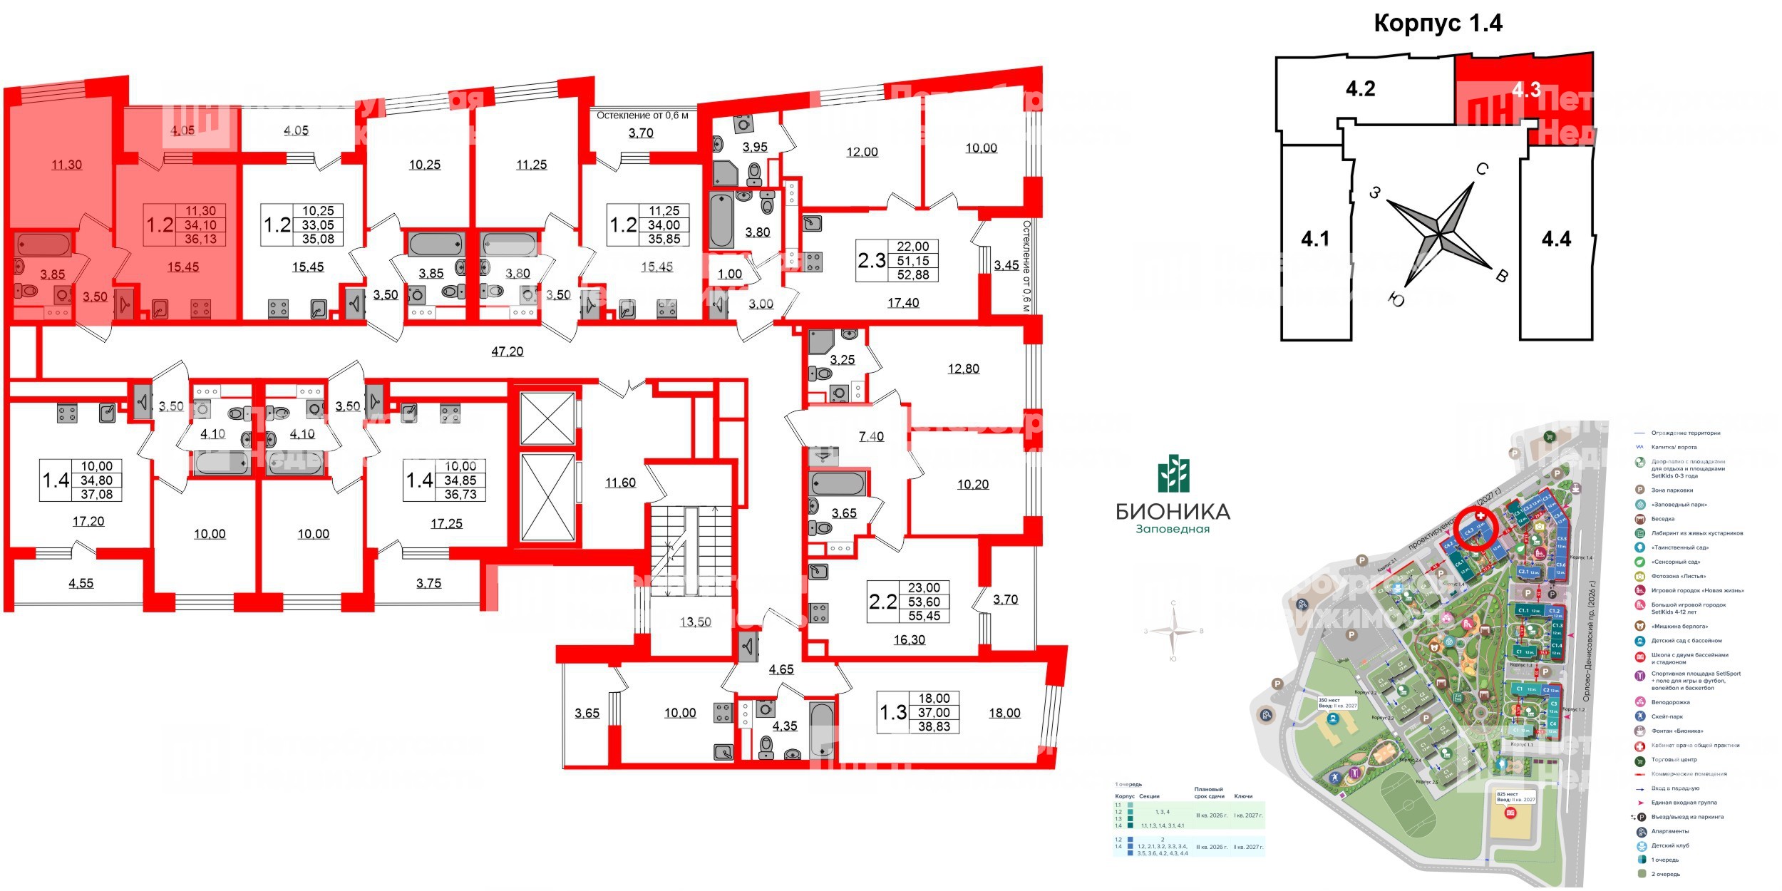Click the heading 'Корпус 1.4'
(1438, 24)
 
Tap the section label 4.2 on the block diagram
(1360, 89)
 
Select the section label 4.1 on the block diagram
(1315, 239)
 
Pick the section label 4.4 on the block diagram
(1556, 239)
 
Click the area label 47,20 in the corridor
(508, 351)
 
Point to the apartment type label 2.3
(872, 261)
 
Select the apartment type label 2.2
(882, 602)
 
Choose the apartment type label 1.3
(892, 712)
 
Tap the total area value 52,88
(913, 275)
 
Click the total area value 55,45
(924, 616)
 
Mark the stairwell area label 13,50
(695, 622)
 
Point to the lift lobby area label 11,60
(620, 483)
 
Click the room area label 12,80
(963, 369)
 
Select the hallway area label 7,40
(871, 437)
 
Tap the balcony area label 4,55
(81, 583)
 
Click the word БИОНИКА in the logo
(1173, 511)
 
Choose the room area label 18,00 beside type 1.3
(1004, 713)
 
